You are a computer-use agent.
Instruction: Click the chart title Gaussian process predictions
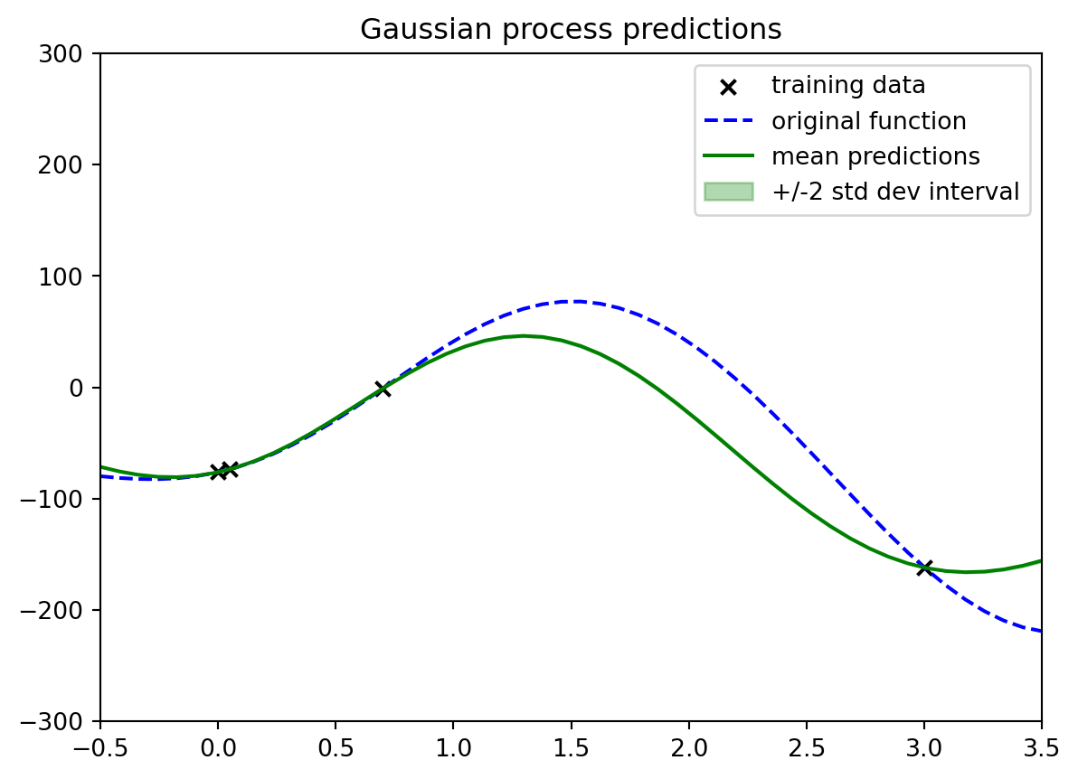coord(571,30)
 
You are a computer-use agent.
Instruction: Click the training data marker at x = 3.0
coord(924,568)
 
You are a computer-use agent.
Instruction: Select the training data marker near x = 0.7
coord(383,389)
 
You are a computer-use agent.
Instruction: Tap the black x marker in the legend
coord(728,88)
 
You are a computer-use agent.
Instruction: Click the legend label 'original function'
coord(868,121)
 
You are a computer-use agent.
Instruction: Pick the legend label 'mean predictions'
coord(875,156)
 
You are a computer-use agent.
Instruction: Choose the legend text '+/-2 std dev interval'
coord(895,192)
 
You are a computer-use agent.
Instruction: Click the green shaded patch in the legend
coord(729,192)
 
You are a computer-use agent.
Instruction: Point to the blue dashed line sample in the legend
coord(729,121)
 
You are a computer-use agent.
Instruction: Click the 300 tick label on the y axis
coord(61,53)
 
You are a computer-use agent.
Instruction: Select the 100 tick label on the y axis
coord(61,277)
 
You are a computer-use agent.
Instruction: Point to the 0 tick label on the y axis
coord(76,388)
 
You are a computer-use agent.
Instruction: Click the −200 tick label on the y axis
coord(51,610)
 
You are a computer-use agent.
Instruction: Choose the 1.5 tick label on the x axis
coord(571,748)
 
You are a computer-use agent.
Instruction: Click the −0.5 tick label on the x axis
coord(100,748)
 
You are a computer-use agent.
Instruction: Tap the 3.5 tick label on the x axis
coord(1042,748)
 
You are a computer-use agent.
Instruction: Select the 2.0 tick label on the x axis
coord(689,748)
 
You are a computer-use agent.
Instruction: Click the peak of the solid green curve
coord(524,336)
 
